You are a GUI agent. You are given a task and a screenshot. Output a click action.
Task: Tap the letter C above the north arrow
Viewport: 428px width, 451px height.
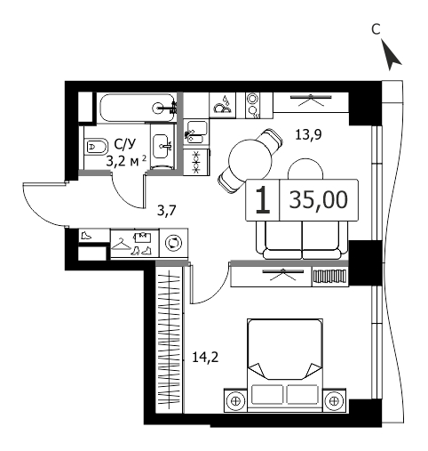(376, 29)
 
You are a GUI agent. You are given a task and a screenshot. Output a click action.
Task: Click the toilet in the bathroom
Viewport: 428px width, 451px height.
(96, 146)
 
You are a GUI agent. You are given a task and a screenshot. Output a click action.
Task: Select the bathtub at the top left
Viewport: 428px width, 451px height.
(137, 108)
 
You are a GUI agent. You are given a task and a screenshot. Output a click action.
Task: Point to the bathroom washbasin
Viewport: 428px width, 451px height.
(162, 146)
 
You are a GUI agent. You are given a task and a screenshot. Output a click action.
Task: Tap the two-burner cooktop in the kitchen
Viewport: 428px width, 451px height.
(252, 105)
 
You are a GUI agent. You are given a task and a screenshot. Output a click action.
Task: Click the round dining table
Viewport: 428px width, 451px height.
(250, 160)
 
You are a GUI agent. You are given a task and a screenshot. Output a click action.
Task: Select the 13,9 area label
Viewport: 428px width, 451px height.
(308, 135)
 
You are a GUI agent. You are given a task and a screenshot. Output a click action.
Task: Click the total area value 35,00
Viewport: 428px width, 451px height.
(319, 199)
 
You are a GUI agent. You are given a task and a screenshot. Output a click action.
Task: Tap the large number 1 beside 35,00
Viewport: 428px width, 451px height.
(263, 200)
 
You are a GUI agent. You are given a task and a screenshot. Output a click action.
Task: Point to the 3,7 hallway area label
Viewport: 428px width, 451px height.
(167, 211)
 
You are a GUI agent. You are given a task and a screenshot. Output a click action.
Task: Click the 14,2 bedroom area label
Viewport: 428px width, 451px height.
(205, 357)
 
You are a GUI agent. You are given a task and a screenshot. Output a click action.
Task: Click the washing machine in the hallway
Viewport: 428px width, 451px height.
(173, 243)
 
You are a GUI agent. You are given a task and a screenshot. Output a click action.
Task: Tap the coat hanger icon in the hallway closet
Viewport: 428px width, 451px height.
(122, 245)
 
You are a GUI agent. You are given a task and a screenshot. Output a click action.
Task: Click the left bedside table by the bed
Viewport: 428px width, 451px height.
(235, 400)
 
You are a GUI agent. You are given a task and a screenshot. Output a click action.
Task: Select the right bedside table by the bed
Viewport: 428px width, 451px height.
(334, 400)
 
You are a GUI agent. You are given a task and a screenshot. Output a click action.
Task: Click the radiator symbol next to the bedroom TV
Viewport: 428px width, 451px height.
(330, 277)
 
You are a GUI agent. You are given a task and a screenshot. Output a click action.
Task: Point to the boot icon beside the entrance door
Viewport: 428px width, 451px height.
(86, 236)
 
